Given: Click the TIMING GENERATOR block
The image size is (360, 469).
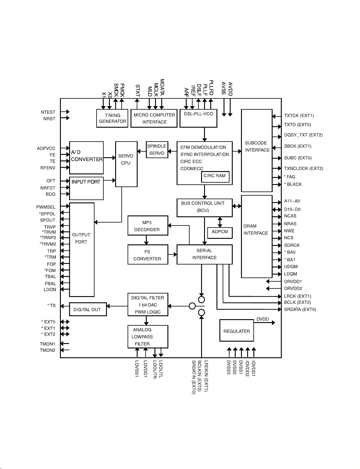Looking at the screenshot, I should click(112, 118).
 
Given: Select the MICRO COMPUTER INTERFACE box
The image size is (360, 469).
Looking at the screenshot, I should click(154, 118).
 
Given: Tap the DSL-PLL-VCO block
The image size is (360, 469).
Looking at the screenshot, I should click(198, 118).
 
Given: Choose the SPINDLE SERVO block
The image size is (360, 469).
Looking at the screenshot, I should click(157, 150).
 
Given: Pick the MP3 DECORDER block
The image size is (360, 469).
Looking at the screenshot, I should click(148, 225).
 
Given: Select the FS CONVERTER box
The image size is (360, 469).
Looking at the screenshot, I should click(148, 255).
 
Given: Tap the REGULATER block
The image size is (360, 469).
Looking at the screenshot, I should click(237, 331).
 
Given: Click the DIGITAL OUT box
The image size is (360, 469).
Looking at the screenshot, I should click(88, 309).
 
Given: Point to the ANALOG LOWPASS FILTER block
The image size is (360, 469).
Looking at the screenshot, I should click(148, 337).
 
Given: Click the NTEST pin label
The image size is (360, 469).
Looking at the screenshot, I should click(48, 112).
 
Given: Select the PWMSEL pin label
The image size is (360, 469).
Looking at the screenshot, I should click(46, 207).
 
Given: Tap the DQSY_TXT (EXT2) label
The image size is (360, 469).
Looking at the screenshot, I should click(303, 135).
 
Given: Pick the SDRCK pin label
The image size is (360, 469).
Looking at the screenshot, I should click(292, 245).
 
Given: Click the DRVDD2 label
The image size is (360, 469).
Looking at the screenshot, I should click(293, 288).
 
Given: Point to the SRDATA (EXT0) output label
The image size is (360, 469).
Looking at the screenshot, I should click(300, 309).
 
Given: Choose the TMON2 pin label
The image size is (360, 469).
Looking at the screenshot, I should click(48, 350).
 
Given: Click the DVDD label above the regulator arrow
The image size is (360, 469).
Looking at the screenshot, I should click(263, 319).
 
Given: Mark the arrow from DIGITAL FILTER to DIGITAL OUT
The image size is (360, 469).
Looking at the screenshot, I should click(117, 306).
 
